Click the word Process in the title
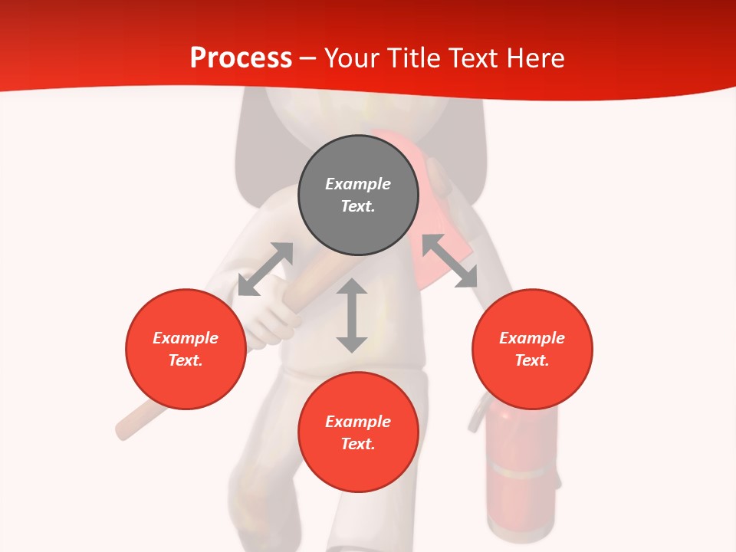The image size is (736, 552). click(x=241, y=58)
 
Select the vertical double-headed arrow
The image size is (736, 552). click(x=352, y=315)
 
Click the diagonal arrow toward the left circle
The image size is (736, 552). click(x=265, y=268)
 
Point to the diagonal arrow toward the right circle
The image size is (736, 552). click(x=450, y=261)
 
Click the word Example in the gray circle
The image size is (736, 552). click(x=358, y=184)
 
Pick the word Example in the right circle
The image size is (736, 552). click(x=532, y=338)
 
